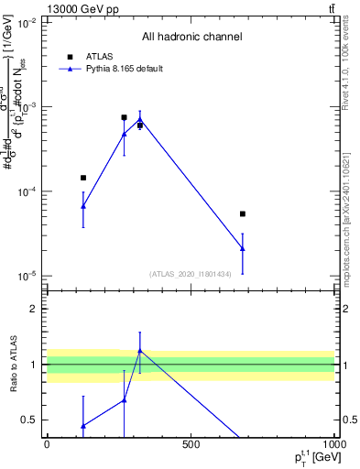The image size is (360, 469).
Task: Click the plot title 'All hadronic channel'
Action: [191, 37]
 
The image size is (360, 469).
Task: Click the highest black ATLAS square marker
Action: [124, 117]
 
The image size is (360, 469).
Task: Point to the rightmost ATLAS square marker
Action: [243, 213]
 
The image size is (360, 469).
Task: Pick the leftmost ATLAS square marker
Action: [83, 178]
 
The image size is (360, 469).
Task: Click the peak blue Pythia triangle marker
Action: [139, 119]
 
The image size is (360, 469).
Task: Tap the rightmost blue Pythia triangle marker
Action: [243, 248]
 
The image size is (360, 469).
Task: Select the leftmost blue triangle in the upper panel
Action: [83, 206]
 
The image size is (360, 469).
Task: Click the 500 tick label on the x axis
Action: [191, 445]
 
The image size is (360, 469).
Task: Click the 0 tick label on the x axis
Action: [47, 445]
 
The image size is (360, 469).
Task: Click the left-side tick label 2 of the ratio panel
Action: [35, 309]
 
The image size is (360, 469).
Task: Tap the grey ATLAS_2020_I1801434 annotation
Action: [190, 273]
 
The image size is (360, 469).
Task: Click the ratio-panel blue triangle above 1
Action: [139, 351]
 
